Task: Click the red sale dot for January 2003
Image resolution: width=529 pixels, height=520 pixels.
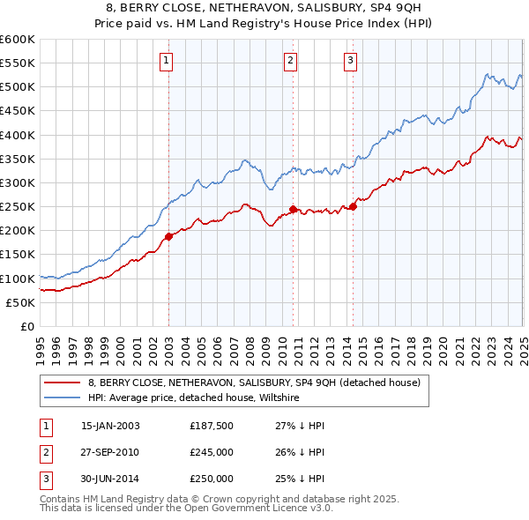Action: click(x=168, y=236)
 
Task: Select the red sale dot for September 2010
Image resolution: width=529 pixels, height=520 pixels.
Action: click(x=293, y=209)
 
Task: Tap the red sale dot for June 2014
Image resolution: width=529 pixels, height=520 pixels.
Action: click(x=353, y=206)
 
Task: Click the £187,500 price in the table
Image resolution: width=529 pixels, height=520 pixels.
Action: click(x=212, y=426)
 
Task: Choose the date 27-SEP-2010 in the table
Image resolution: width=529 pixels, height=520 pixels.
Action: click(x=110, y=452)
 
